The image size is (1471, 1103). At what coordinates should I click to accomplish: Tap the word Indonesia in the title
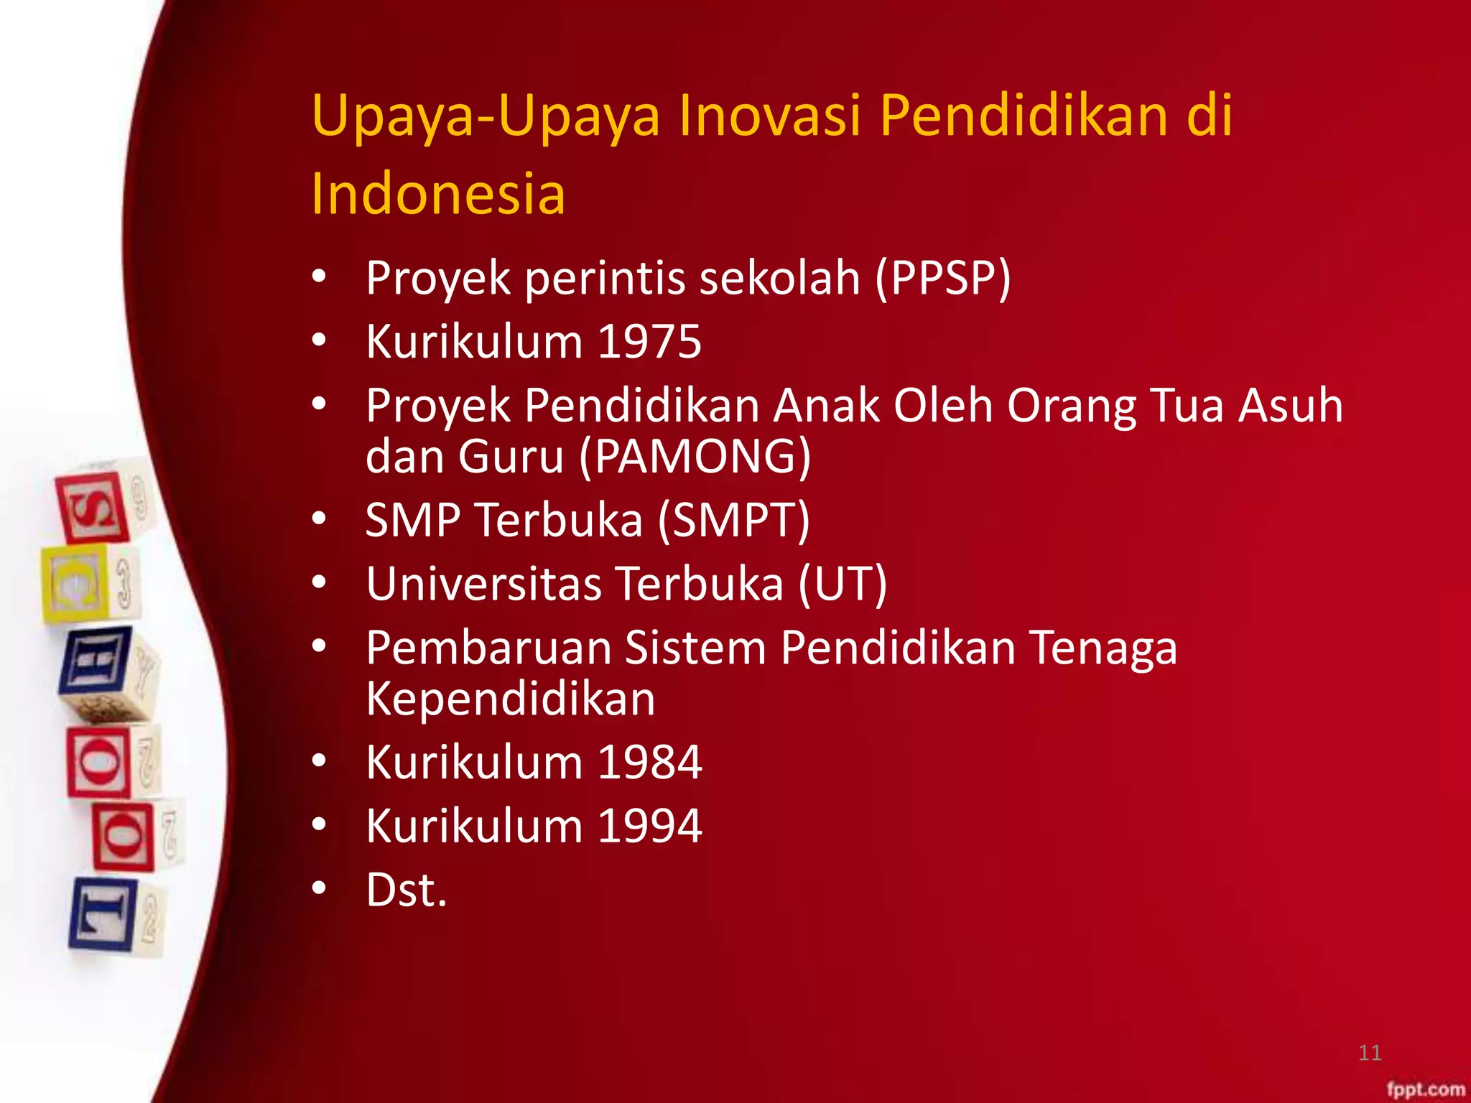(438, 194)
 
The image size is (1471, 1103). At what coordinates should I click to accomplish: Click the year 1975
(649, 342)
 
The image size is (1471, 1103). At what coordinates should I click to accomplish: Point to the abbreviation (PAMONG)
(695, 457)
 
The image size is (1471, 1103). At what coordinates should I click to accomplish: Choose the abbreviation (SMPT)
(734, 520)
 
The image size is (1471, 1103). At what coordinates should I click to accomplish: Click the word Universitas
(483, 583)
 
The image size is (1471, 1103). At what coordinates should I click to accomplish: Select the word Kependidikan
(511, 699)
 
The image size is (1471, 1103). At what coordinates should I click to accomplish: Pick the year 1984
(649, 763)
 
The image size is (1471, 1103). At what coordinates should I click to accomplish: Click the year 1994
(649, 826)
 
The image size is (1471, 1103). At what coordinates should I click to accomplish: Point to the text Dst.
(407, 890)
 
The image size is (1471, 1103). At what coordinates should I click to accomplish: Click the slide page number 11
(1370, 1053)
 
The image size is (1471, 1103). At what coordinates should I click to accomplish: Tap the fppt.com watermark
(1426, 1089)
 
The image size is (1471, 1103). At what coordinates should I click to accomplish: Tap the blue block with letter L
(102, 913)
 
